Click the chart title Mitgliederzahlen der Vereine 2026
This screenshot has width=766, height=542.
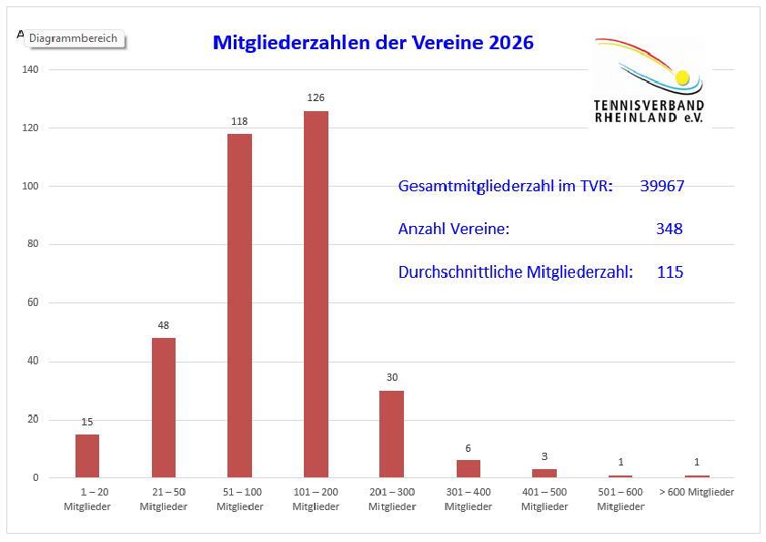tap(373, 43)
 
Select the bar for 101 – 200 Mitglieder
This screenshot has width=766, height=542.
tap(316, 294)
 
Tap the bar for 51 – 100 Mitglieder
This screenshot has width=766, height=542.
tap(239, 305)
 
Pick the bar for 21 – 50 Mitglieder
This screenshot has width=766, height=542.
tap(164, 407)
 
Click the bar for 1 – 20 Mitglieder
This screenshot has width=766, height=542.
tap(87, 455)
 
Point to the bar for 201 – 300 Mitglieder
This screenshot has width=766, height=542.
tap(392, 434)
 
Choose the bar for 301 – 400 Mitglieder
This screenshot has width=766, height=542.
tap(468, 468)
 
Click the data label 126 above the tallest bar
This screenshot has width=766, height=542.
tap(316, 97)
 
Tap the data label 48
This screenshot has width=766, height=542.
tap(164, 325)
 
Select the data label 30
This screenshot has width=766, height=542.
tap(392, 377)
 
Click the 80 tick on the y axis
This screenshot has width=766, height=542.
tap(33, 244)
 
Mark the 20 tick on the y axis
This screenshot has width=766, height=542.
tap(33, 419)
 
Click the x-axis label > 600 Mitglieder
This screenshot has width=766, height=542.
tap(696, 492)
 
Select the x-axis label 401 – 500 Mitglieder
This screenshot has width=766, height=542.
tap(544, 498)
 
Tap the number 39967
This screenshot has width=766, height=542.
tap(661, 187)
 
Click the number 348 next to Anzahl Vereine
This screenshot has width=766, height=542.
tap(669, 229)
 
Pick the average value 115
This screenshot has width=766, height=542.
tap(670, 271)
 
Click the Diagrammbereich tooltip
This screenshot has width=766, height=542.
tap(74, 39)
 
